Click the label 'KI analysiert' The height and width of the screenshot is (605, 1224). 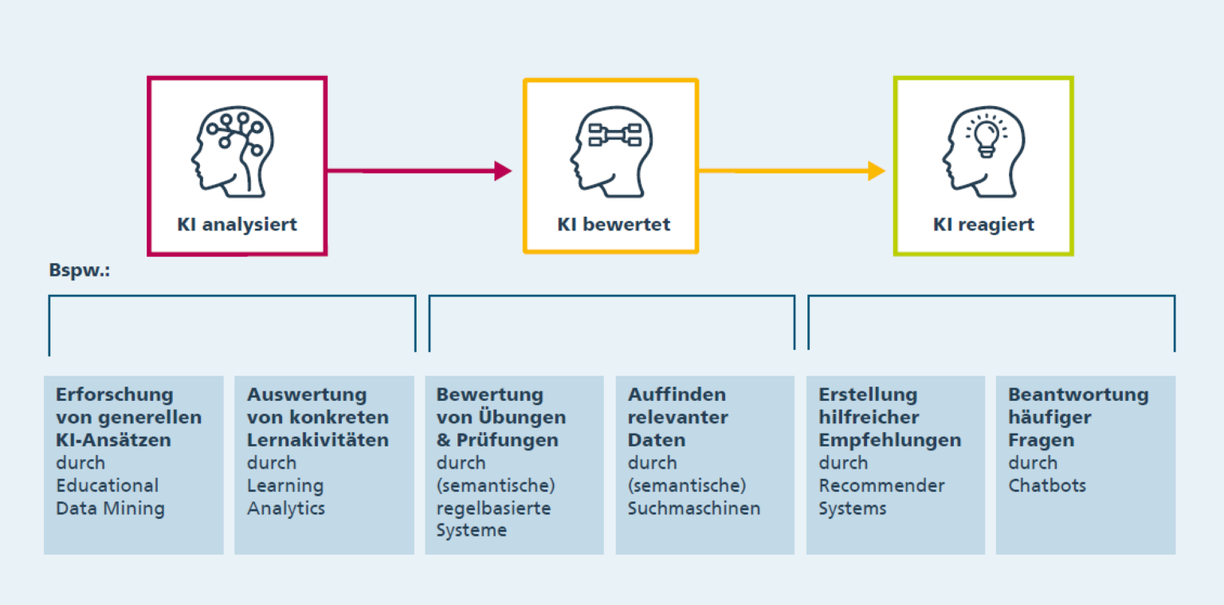pos(237,224)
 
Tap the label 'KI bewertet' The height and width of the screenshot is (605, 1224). pos(614,224)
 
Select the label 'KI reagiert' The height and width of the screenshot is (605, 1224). pos(983,224)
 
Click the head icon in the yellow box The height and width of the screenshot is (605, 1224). pos(610,151)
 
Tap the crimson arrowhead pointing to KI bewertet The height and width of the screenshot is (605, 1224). pos(502,171)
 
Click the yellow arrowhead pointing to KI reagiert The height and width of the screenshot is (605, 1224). pos(876,171)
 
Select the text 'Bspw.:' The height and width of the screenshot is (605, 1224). pos(79,271)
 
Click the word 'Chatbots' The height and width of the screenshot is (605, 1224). pos(1047,485)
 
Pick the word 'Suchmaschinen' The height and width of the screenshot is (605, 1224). pos(693,508)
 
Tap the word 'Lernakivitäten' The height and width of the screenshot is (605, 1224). pos(318,440)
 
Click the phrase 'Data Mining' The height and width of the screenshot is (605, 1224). pos(110,508)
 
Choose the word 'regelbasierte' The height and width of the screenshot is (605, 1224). pos(493,508)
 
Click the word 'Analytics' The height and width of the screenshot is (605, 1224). pos(286,508)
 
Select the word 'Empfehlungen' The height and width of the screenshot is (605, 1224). pos(889,440)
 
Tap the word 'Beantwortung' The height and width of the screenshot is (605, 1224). pos(1078,395)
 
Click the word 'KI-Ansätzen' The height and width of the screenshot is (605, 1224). pos(113,440)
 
